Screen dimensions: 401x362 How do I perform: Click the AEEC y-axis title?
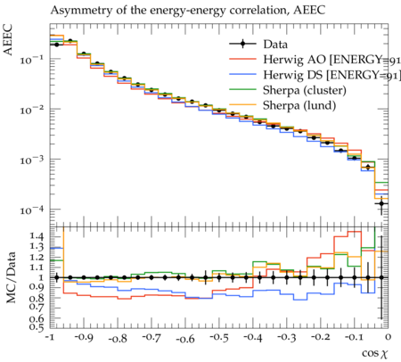click(8, 40)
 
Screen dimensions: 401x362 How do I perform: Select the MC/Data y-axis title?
click(11, 277)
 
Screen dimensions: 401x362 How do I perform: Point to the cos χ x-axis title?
click(375, 353)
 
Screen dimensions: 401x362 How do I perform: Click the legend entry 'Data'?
click(275, 45)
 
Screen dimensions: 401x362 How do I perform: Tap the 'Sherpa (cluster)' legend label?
click(305, 90)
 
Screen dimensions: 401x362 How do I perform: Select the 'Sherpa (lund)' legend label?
click(299, 105)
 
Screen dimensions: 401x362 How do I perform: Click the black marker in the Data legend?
click(242, 44)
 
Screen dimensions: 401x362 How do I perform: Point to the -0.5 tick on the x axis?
click(219, 338)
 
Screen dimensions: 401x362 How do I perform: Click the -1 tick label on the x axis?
click(50, 337)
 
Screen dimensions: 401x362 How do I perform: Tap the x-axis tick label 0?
click(388, 337)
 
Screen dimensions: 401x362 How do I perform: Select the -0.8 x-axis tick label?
click(118, 338)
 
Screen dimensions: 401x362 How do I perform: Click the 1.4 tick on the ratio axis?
click(37, 236)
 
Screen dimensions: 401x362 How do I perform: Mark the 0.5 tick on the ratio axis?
click(37, 327)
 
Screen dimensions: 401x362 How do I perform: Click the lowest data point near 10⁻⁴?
click(381, 203)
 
